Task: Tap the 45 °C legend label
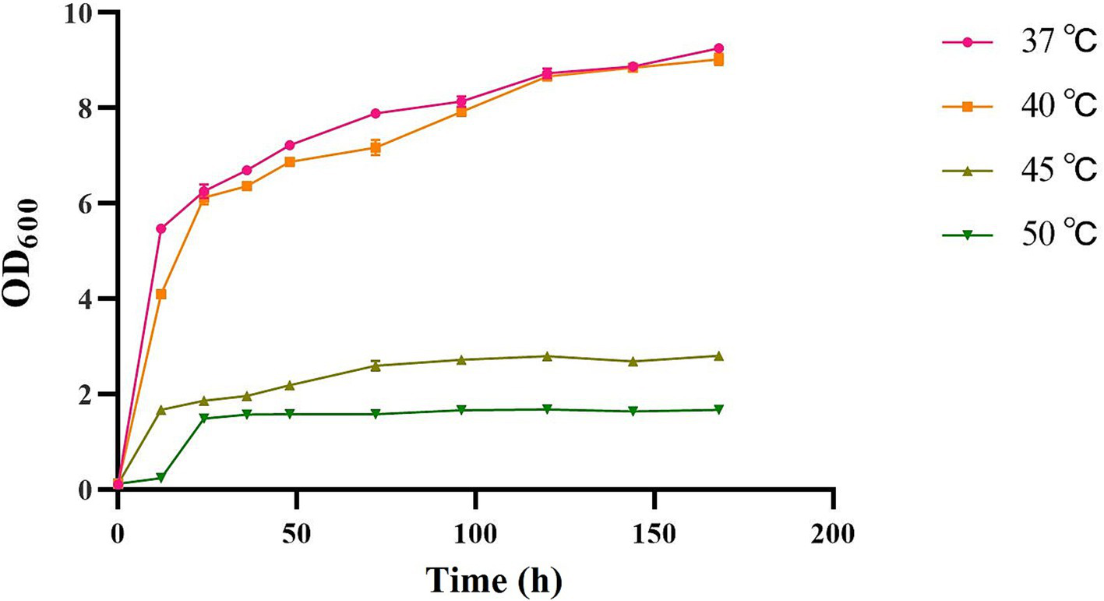click(x=1047, y=170)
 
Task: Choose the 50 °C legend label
click(x=1047, y=233)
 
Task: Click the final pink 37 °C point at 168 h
click(x=718, y=48)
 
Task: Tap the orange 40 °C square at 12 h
click(x=161, y=294)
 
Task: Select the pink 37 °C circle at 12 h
click(x=161, y=228)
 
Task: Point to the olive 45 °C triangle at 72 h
click(x=376, y=366)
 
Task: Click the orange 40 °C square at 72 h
click(x=376, y=147)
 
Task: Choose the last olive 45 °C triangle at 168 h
click(x=718, y=355)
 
